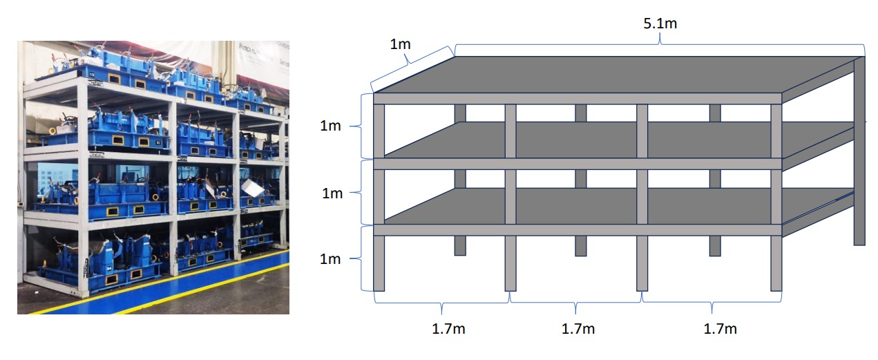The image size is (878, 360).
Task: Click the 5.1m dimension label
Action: pyautogui.click(x=660, y=23)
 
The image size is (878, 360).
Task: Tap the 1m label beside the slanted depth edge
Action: pyautogui.click(x=400, y=44)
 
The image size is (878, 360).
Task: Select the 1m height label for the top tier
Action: pyautogui.click(x=330, y=126)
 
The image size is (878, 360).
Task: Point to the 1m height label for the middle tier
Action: pyautogui.click(x=332, y=193)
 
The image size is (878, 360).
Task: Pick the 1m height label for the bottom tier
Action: pyautogui.click(x=330, y=259)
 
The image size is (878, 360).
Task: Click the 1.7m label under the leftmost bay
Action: pyautogui.click(x=448, y=329)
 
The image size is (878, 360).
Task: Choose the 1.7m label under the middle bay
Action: pyautogui.click(x=578, y=329)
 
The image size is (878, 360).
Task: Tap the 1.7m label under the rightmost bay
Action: pyautogui.click(x=720, y=329)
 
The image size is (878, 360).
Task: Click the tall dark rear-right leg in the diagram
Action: pyautogui.click(x=859, y=151)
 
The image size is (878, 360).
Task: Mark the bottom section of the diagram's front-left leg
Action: pyautogui.click(x=379, y=263)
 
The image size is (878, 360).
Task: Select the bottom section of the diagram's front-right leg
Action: pyautogui.click(x=776, y=263)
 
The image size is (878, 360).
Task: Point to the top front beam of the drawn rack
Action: pyautogui.click(x=578, y=98)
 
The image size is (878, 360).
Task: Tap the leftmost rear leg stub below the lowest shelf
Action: pyautogui.click(x=460, y=246)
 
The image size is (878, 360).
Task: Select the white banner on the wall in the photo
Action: pyautogui.click(x=263, y=63)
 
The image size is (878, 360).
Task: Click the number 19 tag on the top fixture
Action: pyautogui.click(x=91, y=74)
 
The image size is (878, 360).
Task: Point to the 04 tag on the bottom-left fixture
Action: pyautogui.click(x=109, y=269)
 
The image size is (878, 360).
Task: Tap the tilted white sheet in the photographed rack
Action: pyautogui.click(x=252, y=187)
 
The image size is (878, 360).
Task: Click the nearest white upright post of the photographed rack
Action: pyautogui.click(x=83, y=188)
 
